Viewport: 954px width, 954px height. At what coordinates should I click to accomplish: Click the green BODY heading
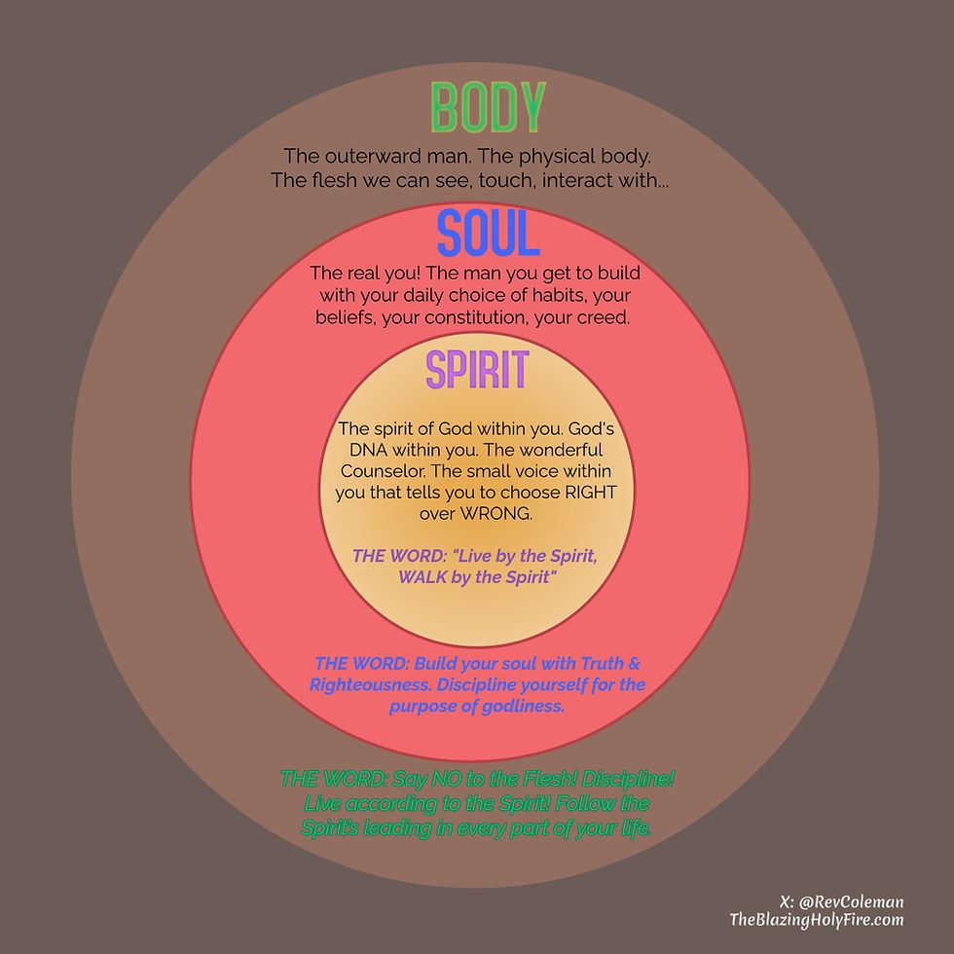488,109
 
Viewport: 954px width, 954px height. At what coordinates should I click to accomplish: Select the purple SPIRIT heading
477,371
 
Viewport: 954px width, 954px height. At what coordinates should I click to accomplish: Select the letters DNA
368,450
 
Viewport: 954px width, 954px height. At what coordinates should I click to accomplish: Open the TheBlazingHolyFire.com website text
817,920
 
